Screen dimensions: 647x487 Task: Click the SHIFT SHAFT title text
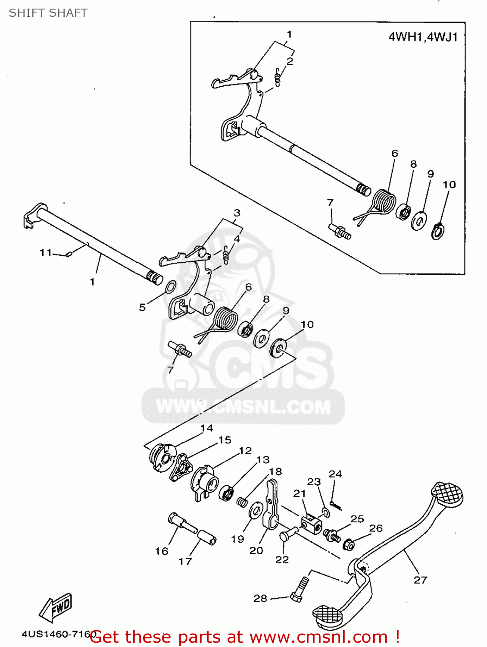click(48, 13)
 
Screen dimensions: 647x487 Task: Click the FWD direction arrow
click(56, 608)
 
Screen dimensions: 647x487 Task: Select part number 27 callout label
click(420, 580)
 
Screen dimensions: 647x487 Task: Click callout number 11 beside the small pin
click(46, 252)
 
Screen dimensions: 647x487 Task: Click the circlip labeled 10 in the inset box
click(438, 231)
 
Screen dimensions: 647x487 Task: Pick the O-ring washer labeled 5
click(170, 286)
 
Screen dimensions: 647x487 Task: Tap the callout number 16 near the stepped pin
click(162, 551)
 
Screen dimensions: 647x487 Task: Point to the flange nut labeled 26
click(349, 545)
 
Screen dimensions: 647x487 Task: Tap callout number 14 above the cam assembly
click(206, 428)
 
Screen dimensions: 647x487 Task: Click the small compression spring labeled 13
click(243, 502)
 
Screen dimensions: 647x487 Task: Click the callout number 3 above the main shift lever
click(237, 213)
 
